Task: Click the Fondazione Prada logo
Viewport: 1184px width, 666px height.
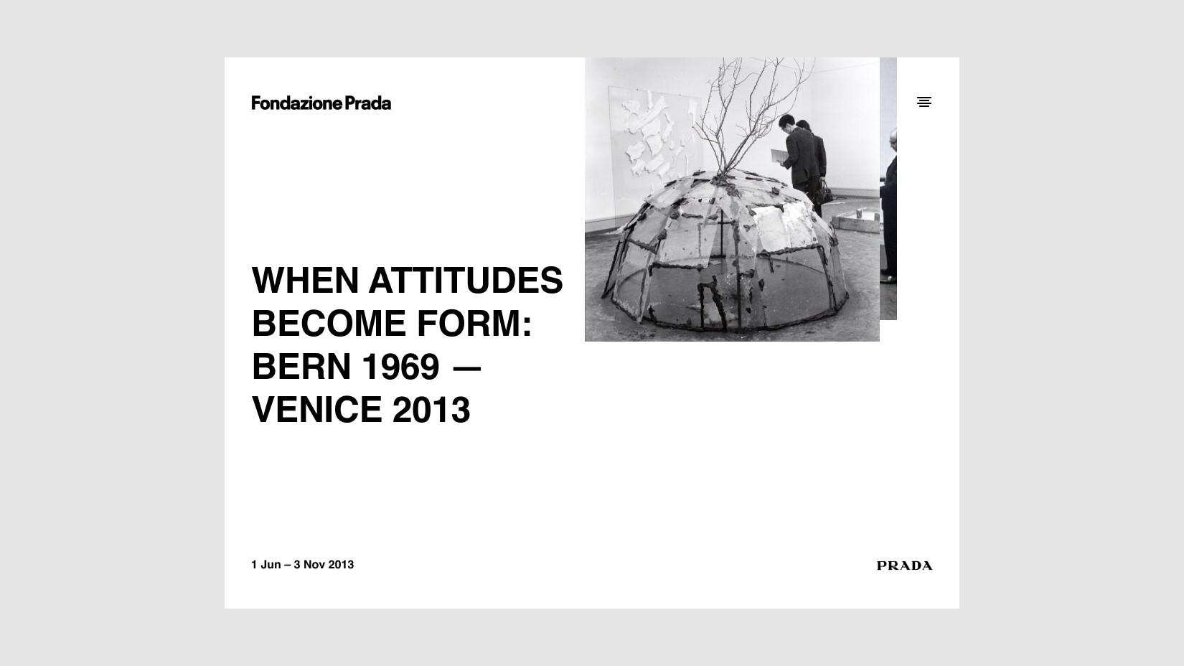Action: [x=321, y=103]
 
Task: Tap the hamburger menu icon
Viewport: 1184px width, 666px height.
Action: [x=924, y=102]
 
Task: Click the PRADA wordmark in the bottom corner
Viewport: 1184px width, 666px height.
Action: [x=904, y=566]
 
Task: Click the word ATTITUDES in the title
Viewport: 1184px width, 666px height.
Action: [x=466, y=280]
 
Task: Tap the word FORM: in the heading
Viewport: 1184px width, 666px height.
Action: [x=474, y=324]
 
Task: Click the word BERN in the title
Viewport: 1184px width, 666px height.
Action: [x=301, y=367]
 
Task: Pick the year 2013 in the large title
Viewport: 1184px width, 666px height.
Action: [x=431, y=410]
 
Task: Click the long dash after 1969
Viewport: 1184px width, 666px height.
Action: [x=467, y=368]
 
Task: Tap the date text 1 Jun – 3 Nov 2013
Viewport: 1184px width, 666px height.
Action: [x=302, y=565]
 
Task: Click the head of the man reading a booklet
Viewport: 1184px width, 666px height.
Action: [x=786, y=122]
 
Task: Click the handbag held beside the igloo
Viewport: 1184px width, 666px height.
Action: [x=823, y=194]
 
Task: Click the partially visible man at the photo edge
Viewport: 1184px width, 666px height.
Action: [x=888, y=206]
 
